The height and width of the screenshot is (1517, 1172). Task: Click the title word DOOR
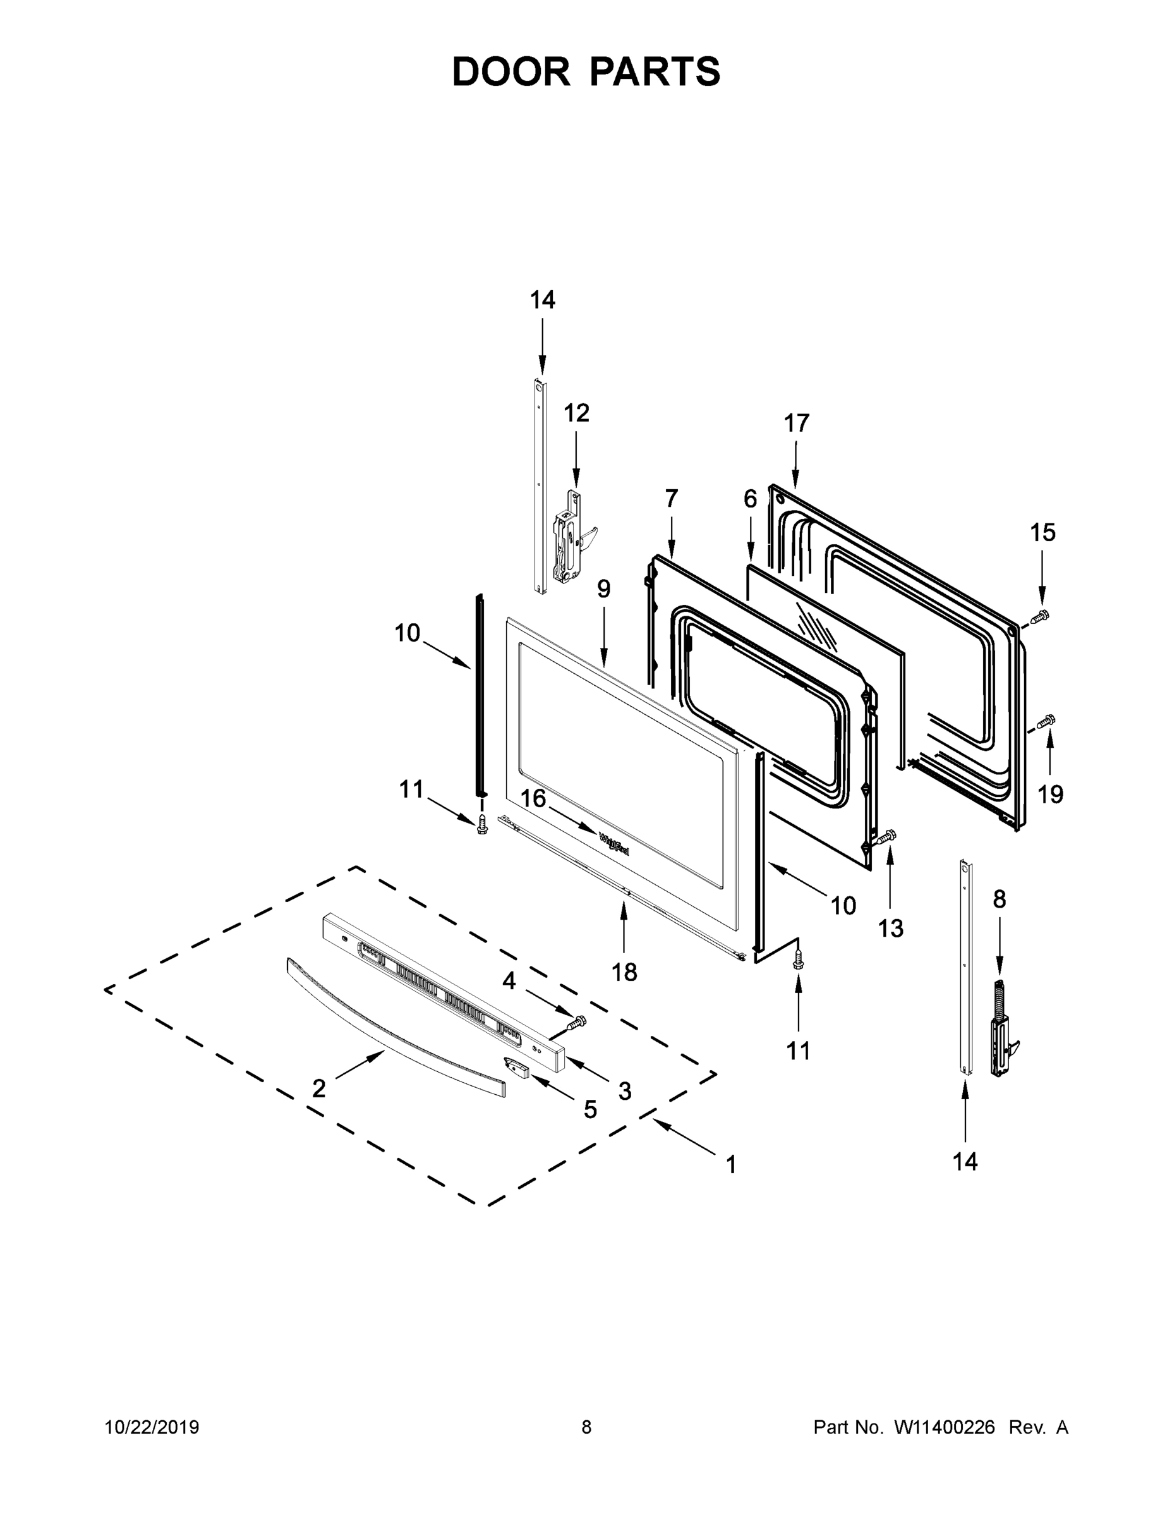point(510,72)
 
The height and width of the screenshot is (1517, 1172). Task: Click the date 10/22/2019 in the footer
point(152,1427)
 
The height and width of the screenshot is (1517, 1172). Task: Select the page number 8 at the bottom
point(586,1427)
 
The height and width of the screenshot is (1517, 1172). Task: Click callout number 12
point(576,413)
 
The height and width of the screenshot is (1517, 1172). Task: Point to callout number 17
point(796,423)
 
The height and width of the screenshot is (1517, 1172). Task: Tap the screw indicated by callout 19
point(1046,722)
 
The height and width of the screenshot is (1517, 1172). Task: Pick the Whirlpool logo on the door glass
point(613,844)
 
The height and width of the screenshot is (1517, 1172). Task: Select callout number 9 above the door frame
point(603,589)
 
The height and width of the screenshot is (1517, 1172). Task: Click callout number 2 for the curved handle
point(318,1088)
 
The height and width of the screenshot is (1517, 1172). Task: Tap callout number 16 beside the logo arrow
point(533,799)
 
